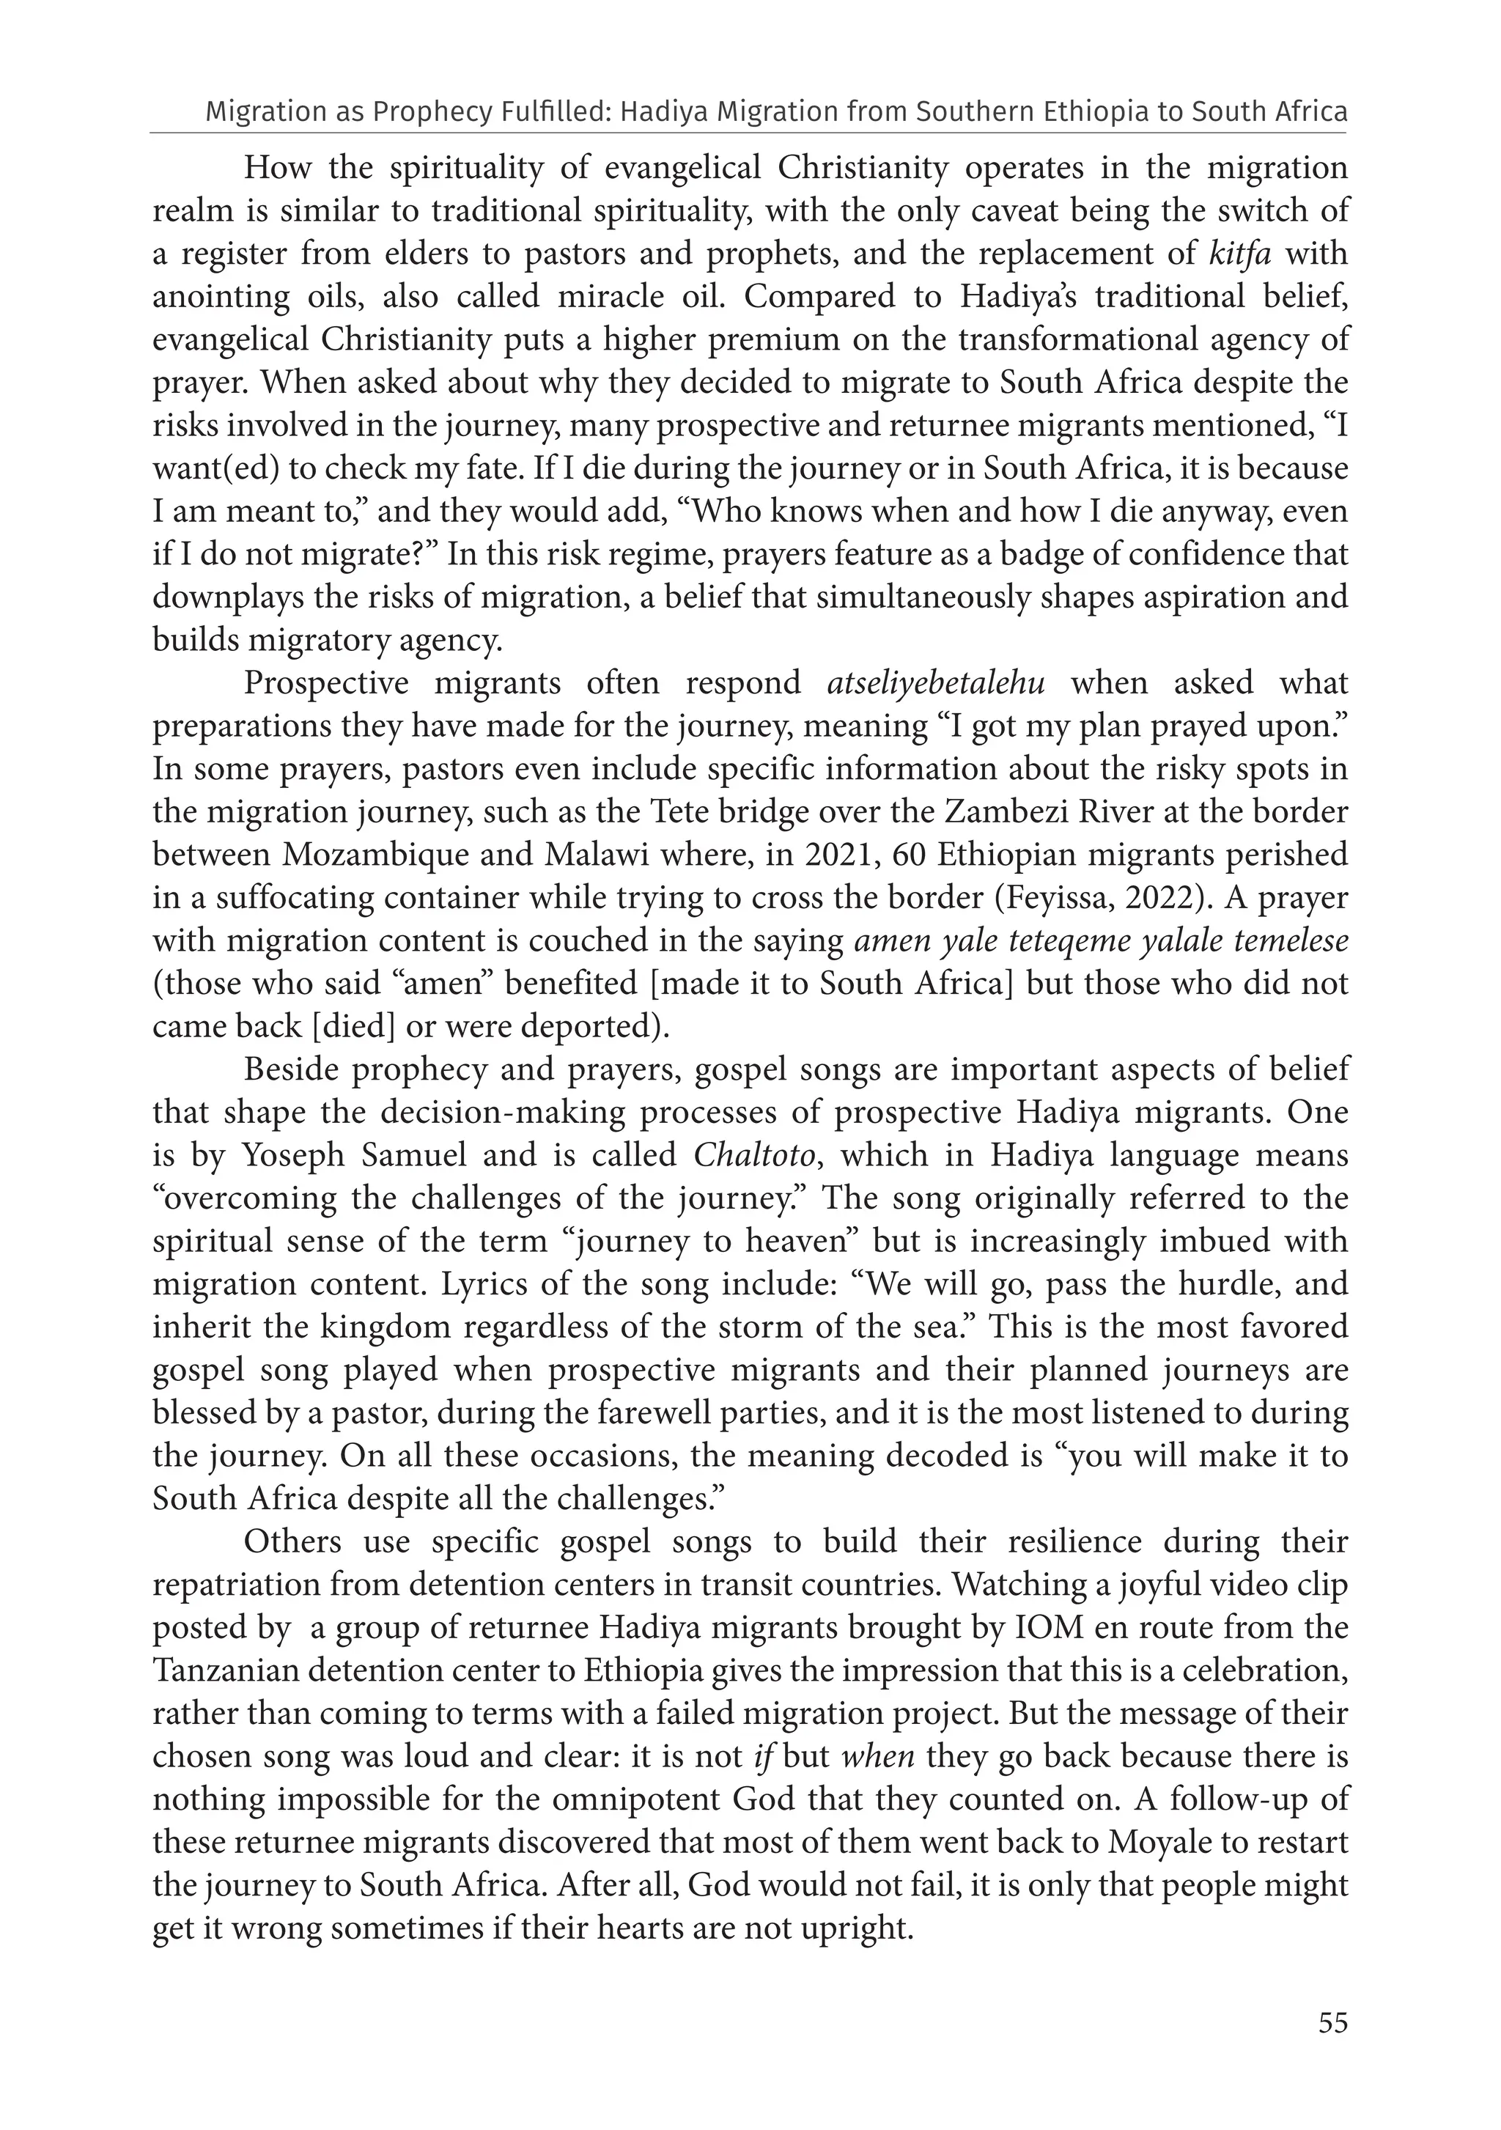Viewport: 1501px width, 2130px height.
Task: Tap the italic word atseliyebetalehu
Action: click(x=936, y=684)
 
